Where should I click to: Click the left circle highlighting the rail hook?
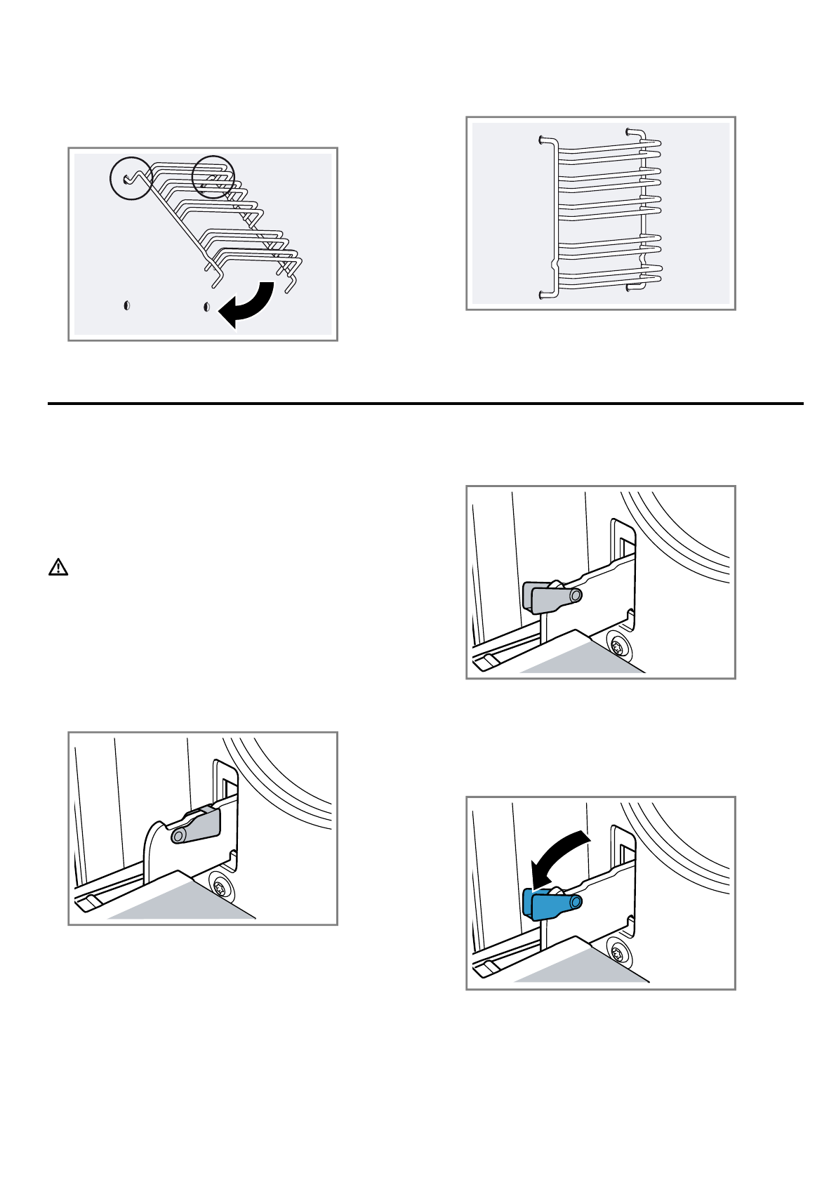(131, 178)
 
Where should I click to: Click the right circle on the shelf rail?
(213, 177)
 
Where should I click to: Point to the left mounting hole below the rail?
(127, 306)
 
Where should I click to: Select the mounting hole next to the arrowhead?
(206, 307)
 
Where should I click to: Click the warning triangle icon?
(58, 567)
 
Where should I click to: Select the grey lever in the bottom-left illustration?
(197, 827)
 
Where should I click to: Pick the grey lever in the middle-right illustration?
(551, 597)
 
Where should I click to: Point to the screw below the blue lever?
(618, 954)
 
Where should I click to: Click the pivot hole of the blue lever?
(575, 902)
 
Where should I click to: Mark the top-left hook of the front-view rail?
(543, 140)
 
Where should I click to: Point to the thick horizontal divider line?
(425, 404)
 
